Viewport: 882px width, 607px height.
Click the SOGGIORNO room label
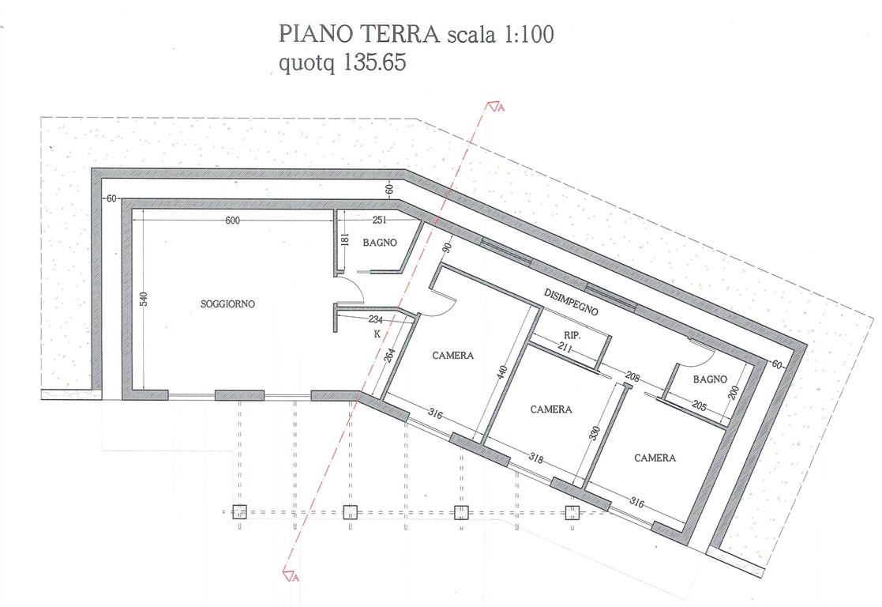click(227, 304)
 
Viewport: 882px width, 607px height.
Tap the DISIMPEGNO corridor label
click(571, 302)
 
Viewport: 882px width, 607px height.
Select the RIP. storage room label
click(572, 336)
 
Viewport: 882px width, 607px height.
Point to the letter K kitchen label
click(377, 334)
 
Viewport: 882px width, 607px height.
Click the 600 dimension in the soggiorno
click(232, 221)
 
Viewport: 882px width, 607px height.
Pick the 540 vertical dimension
click(143, 299)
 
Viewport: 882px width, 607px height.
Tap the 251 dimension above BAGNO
click(380, 221)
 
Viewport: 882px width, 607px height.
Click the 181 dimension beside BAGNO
click(345, 239)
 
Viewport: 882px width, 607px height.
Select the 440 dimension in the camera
click(502, 372)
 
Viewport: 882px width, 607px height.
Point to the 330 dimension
click(595, 433)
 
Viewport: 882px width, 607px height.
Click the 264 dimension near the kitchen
click(390, 356)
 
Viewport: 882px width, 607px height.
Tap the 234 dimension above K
click(376, 319)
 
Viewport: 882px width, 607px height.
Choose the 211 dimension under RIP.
click(565, 349)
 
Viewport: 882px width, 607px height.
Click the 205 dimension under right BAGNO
click(699, 405)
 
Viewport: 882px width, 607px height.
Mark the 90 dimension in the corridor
click(448, 247)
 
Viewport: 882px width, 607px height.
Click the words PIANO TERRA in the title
click(358, 34)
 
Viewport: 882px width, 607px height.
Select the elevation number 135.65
click(374, 62)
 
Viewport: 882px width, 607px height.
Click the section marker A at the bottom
click(291, 576)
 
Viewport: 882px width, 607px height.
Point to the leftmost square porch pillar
click(239, 512)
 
